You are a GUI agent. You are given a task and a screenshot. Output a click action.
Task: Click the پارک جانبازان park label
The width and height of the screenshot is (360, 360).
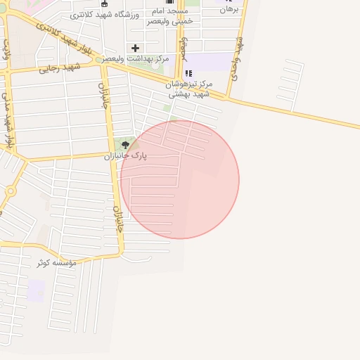126,156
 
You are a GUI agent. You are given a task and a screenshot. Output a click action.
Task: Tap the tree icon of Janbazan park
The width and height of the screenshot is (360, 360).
126,145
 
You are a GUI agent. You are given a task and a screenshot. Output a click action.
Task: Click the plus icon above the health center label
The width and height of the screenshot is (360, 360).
136,48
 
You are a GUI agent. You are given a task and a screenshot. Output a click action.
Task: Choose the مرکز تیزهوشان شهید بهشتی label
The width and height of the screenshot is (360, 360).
188,89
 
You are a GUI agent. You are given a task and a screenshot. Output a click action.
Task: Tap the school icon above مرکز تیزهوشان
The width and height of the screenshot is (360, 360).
188,73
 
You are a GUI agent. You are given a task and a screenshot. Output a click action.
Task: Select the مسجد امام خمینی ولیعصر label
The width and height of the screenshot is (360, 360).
168,16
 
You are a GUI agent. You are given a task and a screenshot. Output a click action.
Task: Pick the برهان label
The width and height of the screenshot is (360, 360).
229,10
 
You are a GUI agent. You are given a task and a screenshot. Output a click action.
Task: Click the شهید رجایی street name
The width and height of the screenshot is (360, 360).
60,67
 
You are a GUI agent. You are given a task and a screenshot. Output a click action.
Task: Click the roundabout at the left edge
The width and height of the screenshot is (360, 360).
10,191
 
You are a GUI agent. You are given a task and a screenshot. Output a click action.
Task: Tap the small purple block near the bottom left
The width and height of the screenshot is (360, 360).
36,290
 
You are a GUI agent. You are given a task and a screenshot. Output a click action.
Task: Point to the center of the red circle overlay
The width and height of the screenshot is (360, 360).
179,179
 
